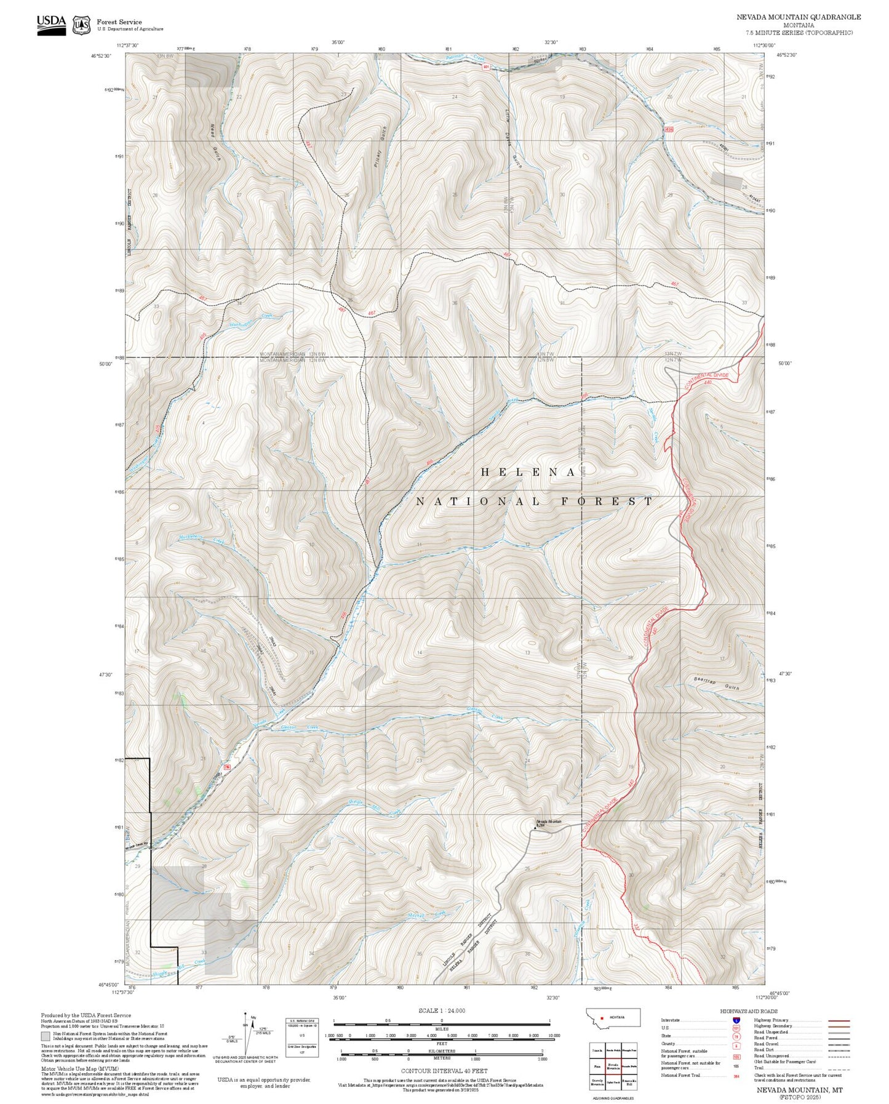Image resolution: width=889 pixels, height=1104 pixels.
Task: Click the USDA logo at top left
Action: pyautogui.click(x=51, y=24)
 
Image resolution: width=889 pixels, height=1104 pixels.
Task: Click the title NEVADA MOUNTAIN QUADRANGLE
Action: pyautogui.click(x=799, y=17)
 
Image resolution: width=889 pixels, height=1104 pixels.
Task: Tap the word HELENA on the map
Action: pyautogui.click(x=528, y=472)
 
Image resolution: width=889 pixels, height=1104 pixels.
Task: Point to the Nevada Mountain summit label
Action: pyautogui.click(x=549, y=822)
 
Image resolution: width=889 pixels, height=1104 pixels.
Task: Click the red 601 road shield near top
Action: pyautogui.click(x=485, y=66)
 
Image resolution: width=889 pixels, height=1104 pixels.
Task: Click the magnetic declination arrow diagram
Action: pyautogui.click(x=247, y=1035)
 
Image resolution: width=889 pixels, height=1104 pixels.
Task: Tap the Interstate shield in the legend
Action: pyautogui.click(x=736, y=1020)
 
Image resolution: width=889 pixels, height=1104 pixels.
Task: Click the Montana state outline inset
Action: pyautogui.click(x=613, y=1017)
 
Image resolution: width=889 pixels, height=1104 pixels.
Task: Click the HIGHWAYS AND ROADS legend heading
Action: pyautogui.click(x=748, y=1011)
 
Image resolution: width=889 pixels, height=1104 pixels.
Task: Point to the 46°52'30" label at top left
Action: pyautogui.click(x=101, y=55)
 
